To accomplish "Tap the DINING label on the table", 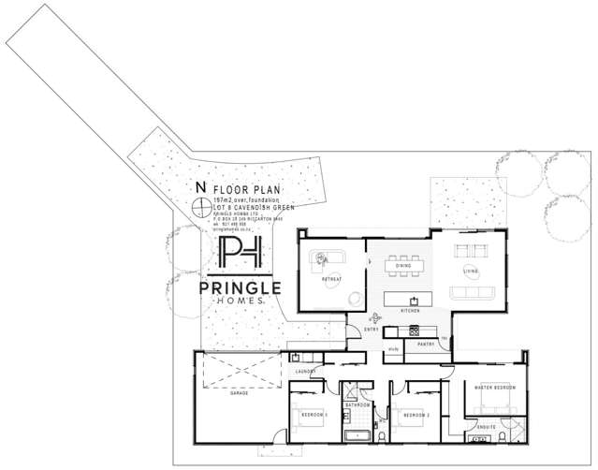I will tap(403, 267).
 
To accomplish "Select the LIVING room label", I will tap(470, 272).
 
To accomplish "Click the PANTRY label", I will tap(426, 345).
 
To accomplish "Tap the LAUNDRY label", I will tap(305, 372).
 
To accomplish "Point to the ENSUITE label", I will tap(486, 426).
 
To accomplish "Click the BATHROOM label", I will tap(357, 404).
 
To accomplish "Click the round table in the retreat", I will tap(355, 299).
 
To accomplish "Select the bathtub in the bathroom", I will tap(357, 436).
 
